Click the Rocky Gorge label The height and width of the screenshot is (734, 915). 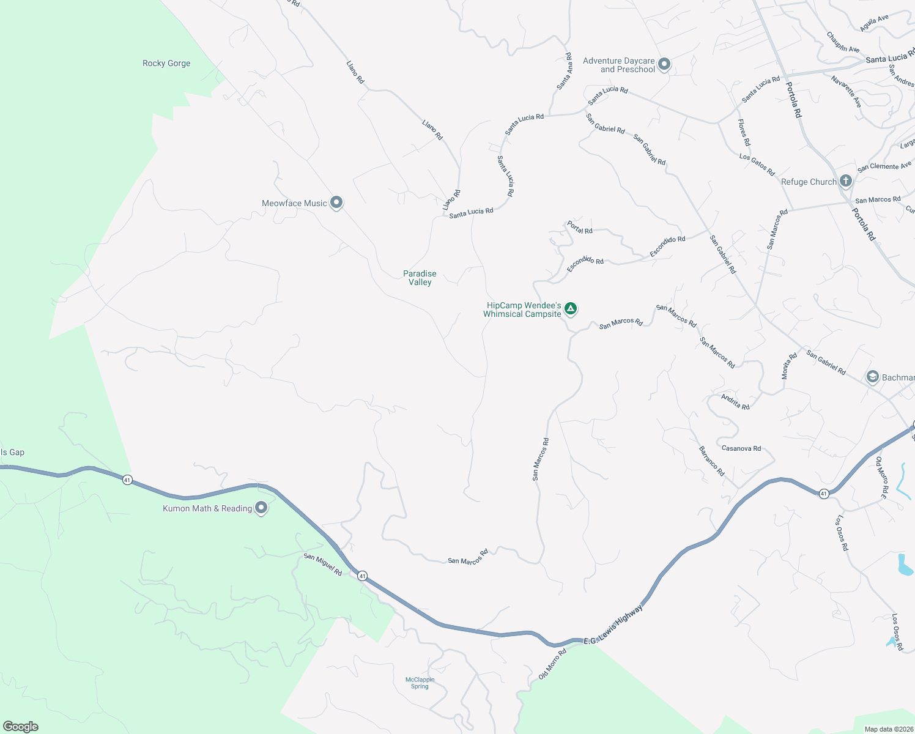click(166, 63)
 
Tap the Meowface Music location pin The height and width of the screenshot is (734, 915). click(336, 202)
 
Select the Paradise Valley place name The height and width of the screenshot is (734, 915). click(420, 278)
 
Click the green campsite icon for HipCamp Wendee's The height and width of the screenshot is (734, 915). click(571, 309)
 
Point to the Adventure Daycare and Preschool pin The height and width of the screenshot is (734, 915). click(664, 64)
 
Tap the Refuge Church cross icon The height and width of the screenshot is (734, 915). click(846, 181)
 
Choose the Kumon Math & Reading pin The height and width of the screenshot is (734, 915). click(261, 508)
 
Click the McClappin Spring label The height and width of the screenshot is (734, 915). click(420, 683)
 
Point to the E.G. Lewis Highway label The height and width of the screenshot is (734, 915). click(613, 625)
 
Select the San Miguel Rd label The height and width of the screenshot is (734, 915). click(323, 564)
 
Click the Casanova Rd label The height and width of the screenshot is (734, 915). click(741, 448)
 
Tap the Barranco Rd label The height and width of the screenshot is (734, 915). click(711, 461)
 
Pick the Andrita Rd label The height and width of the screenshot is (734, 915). click(735, 402)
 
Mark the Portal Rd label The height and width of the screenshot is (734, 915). click(579, 227)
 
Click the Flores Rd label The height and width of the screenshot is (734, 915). click(744, 132)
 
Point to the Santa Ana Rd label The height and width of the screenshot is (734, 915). click(565, 71)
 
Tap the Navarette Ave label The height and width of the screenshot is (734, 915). click(846, 92)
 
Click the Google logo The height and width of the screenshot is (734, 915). click(21, 727)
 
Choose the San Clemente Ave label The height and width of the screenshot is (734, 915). click(884, 166)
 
